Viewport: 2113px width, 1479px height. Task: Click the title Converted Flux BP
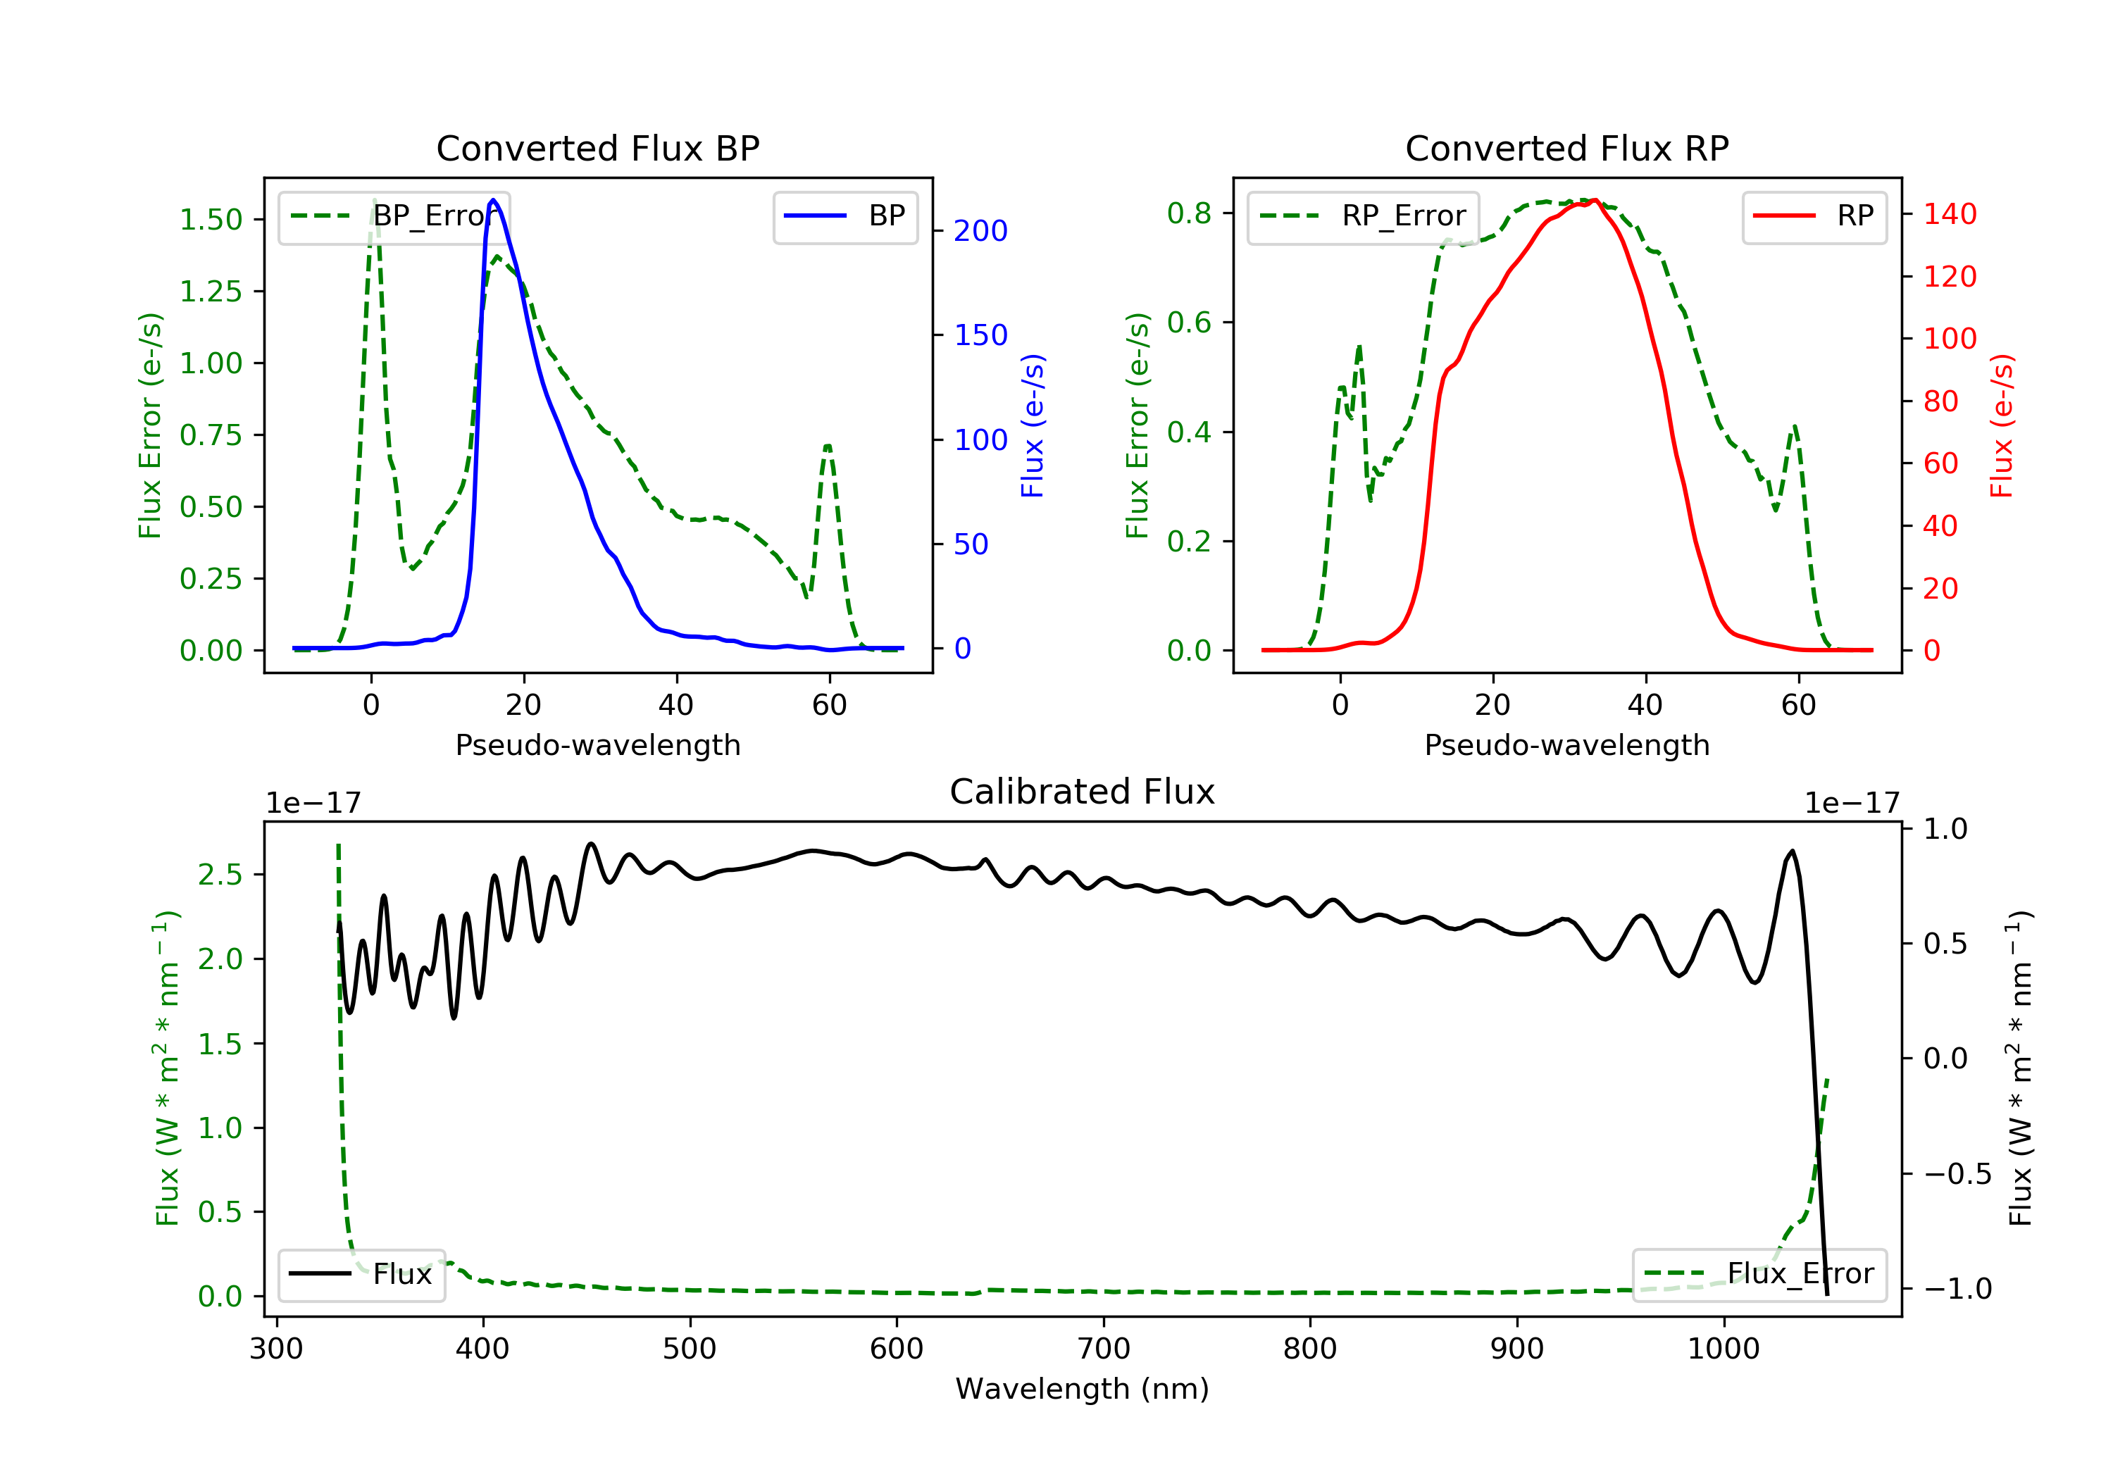click(597, 148)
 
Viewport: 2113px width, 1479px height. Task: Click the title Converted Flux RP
click(1566, 148)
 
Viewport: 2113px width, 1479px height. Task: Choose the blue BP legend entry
click(846, 216)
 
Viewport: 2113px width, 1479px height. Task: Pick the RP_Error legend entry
click(1363, 216)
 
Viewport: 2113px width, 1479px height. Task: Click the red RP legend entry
click(1814, 216)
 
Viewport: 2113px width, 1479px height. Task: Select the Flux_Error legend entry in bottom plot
click(1759, 1274)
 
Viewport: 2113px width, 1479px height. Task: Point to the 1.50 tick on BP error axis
click(211, 220)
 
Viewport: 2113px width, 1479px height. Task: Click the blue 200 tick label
click(980, 231)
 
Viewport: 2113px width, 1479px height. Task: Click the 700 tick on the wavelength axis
click(1104, 1349)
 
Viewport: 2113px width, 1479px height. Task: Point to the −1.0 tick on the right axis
click(1957, 1288)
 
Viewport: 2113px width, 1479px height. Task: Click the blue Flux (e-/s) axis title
click(1033, 425)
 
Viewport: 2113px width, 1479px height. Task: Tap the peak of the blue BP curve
click(493, 200)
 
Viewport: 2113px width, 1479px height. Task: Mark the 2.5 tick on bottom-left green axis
click(220, 874)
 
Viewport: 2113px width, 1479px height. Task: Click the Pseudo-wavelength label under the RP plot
click(1566, 744)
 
